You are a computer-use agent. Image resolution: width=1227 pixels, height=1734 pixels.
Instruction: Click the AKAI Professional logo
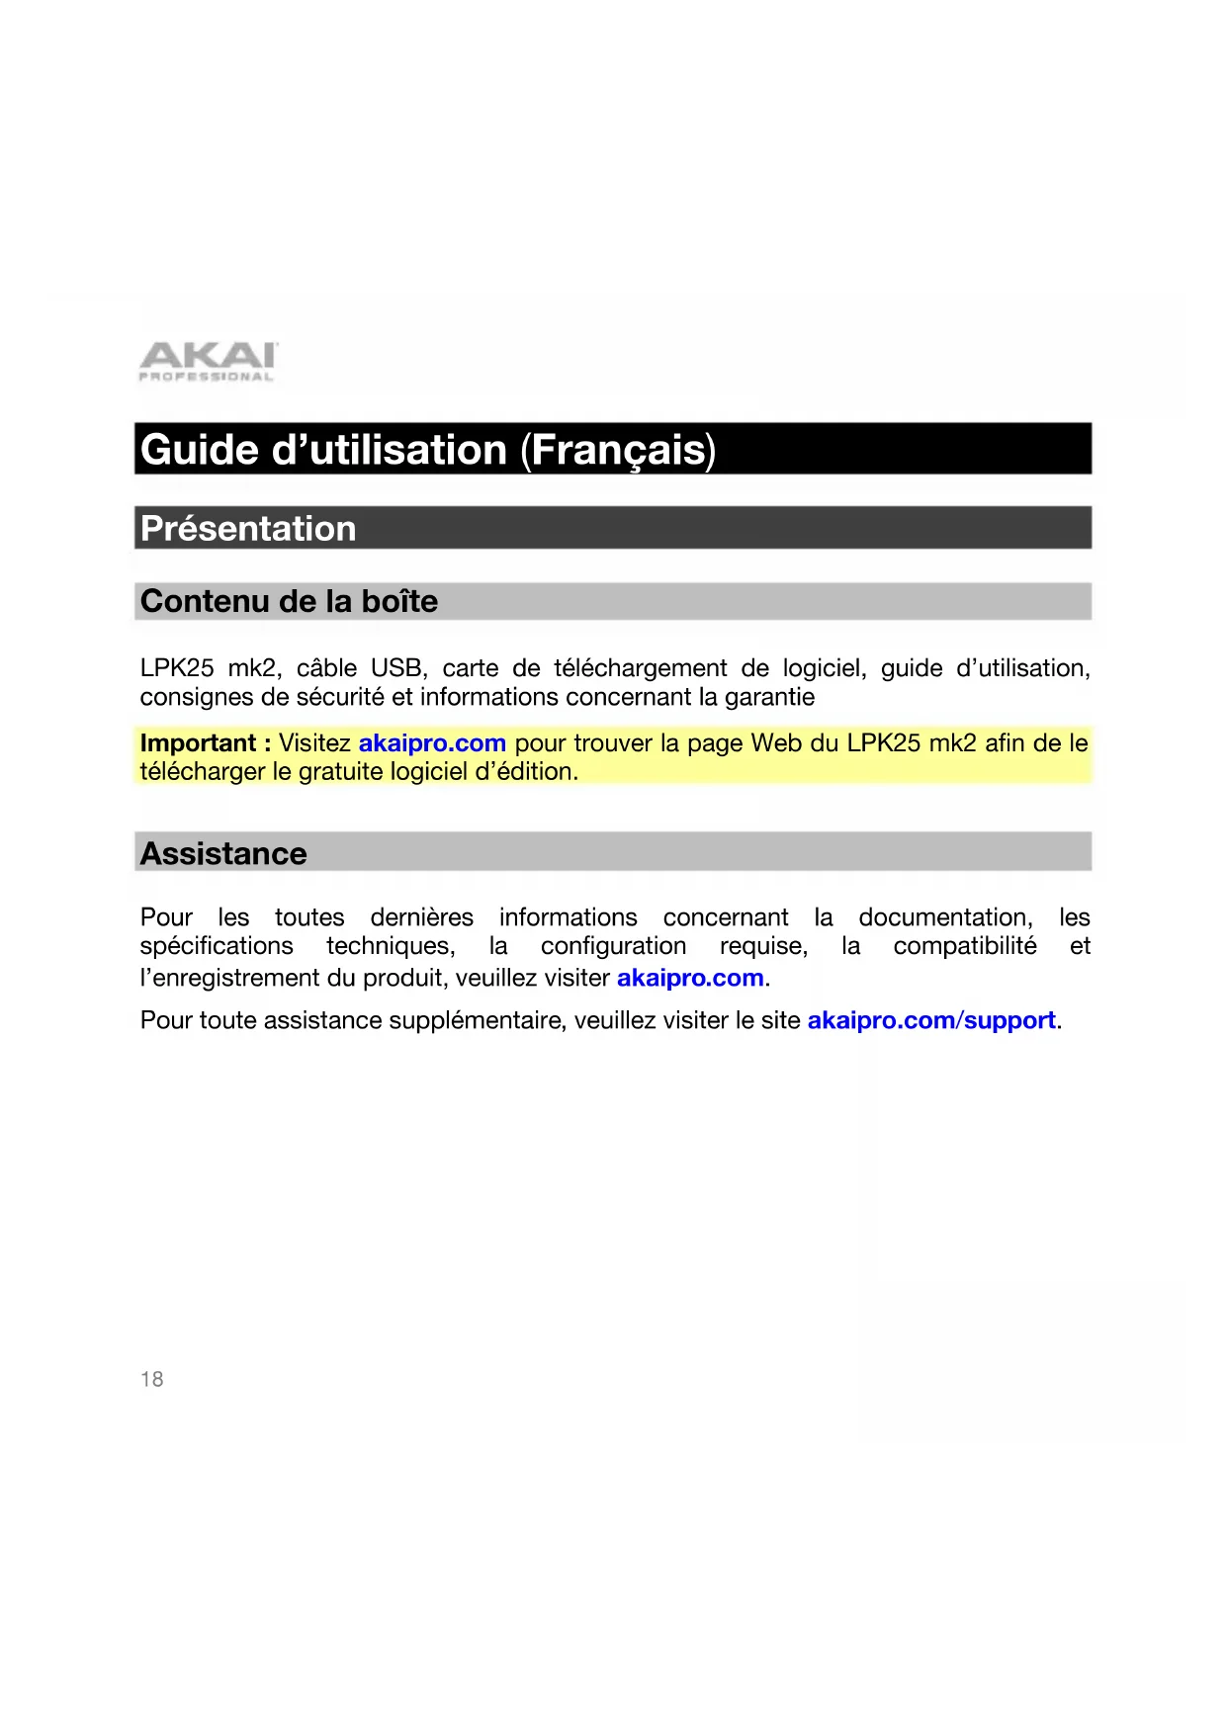pos(208,362)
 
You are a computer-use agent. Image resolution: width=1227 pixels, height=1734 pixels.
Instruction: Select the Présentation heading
pos(248,529)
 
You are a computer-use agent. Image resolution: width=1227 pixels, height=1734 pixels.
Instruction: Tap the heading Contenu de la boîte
pos(289,601)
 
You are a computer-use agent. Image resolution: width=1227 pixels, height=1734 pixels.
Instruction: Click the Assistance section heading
pos(223,853)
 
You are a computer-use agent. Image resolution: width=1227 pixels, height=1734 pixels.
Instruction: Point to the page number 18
pos(152,1379)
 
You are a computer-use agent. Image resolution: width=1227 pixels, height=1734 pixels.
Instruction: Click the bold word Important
pos(198,743)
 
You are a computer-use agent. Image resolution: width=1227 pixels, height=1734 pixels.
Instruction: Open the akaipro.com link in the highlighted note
pos(432,743)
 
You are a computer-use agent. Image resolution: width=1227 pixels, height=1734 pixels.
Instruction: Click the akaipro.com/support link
pos(931,1020)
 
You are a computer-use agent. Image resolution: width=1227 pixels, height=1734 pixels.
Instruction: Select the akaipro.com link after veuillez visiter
pos(690,978)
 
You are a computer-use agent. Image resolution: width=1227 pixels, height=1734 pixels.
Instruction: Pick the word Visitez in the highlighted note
pos(314,743)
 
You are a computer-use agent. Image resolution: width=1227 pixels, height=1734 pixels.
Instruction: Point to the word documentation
pos(944,917)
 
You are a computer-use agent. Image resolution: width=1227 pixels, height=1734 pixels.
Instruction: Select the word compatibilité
pos(965,946)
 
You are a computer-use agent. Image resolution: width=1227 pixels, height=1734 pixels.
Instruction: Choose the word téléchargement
pos(640,668)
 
